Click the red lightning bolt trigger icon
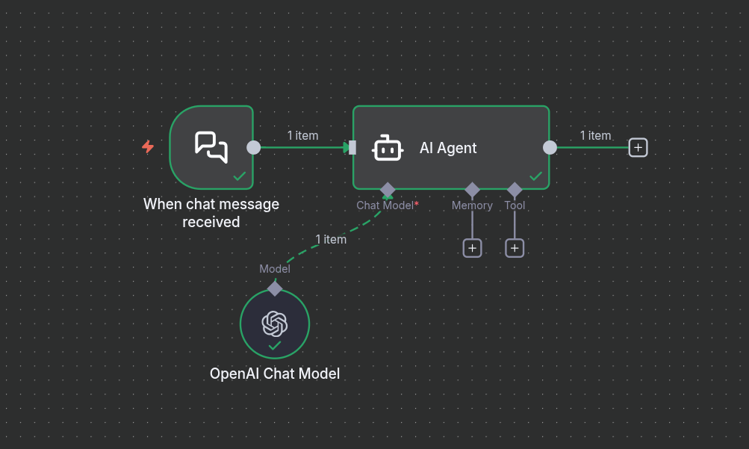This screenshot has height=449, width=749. (148, 147)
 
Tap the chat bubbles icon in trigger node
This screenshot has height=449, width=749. (211, 146)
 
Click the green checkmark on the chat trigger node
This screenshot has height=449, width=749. (240, 176)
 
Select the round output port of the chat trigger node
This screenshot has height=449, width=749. (254, 147)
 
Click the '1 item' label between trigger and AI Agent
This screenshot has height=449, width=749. (302, 135)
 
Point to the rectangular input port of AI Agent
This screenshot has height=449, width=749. (352, 147)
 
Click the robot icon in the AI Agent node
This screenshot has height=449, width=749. (388, 148)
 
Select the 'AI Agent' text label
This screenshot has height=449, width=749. (448, 148)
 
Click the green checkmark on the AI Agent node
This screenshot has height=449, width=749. (535, 176)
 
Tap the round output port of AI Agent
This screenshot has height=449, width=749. (550, 147)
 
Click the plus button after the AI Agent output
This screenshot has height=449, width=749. (638, 147)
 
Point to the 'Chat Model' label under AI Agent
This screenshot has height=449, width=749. (385, 205)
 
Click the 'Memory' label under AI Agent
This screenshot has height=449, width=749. (472, 205)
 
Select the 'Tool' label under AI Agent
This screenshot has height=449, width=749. (515, 205)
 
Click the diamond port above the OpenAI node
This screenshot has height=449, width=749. (275, 288)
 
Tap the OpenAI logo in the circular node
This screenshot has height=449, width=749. (275, 323)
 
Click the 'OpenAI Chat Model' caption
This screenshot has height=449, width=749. (275, 374)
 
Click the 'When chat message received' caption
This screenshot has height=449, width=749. (211, 213)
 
